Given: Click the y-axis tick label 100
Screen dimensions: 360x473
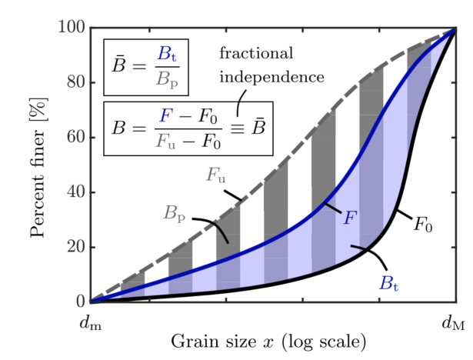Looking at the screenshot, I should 70,28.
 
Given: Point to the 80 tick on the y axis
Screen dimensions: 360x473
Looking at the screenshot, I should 74,83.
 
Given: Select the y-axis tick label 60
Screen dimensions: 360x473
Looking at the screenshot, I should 74,138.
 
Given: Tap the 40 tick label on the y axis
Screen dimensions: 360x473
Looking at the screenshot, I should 74,192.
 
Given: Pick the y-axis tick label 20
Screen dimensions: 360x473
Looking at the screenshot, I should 74,247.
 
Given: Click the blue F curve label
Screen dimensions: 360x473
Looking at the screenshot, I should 349,218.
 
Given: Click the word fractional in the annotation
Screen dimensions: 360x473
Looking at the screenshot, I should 257,54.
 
